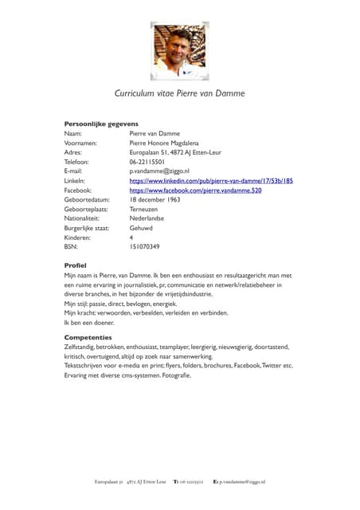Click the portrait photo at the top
coord(179,51)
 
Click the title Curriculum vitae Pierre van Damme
coord(179,93)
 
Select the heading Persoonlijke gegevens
coord(101,124)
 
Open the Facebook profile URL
coord(195,191)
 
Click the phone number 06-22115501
coord(147,163)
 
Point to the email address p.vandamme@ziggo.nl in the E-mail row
coord(160,172)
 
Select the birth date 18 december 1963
coord(155,201)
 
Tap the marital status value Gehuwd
coord(141,229)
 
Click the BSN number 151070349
coord(144,247)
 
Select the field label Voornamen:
coord(80,143)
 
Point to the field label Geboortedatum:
coord(86,201)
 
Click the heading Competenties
coord(88,338)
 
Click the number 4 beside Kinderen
coord(131,238)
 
